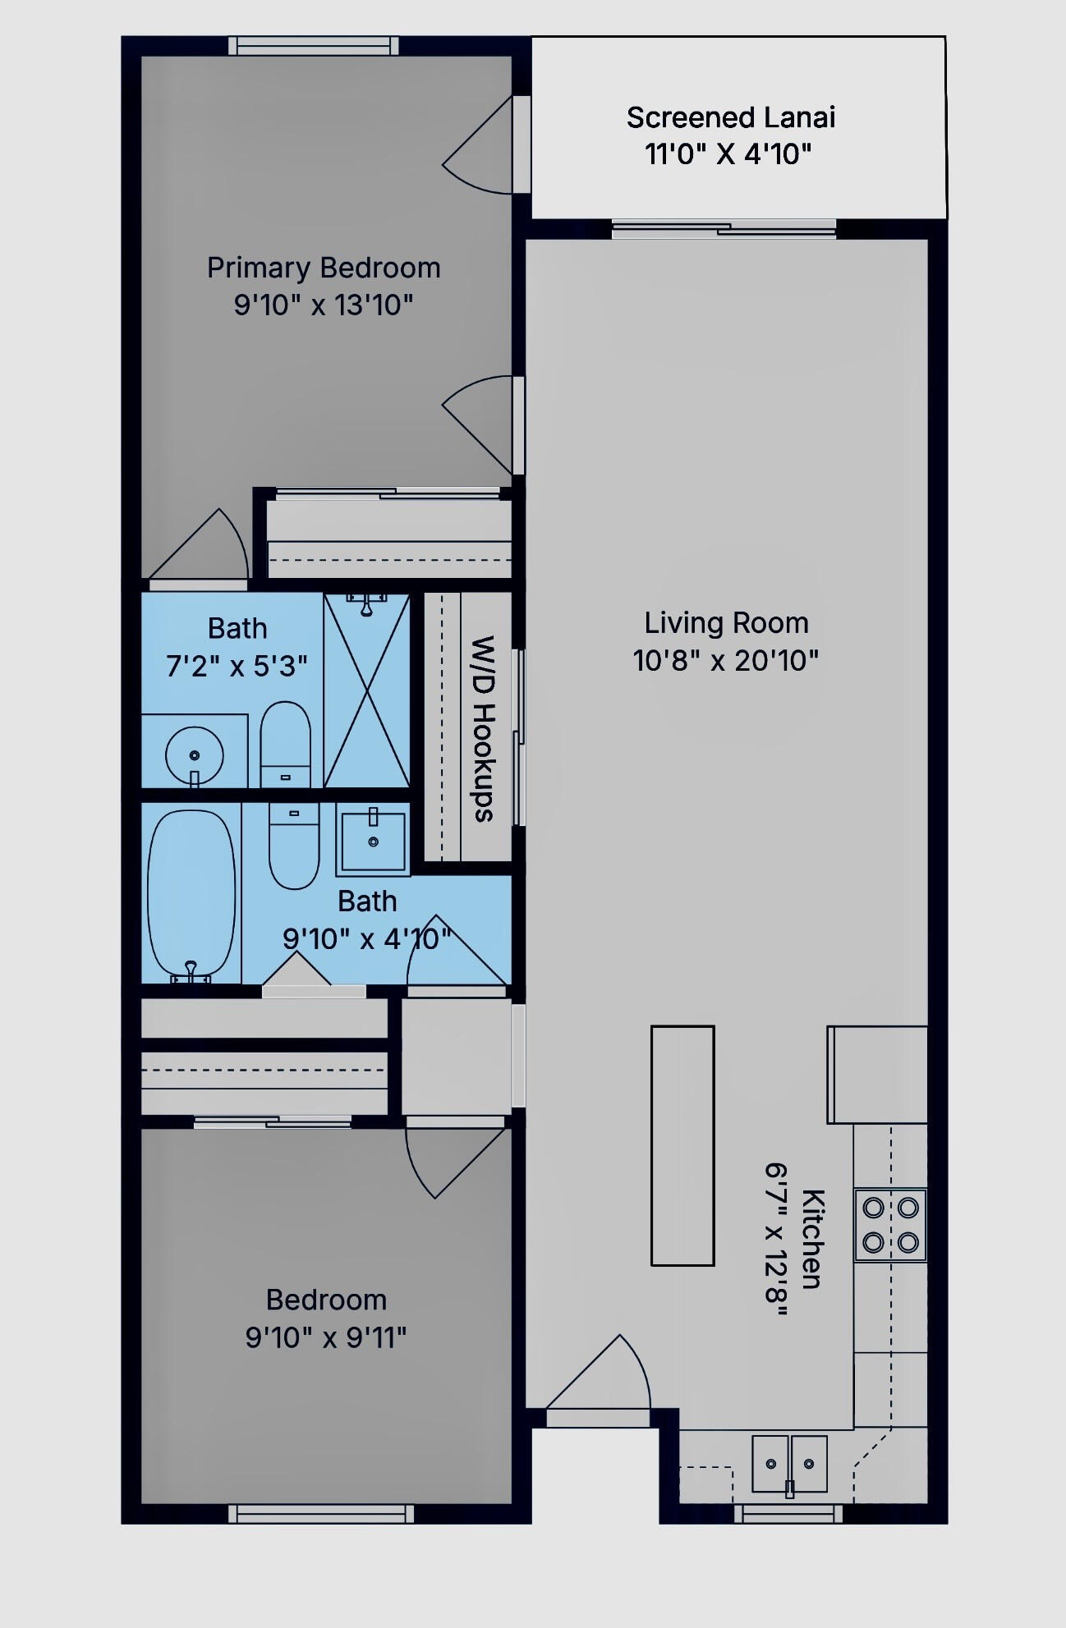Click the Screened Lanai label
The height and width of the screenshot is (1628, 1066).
coord(731,117)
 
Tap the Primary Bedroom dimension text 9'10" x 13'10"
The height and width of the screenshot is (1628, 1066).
coord(324,305)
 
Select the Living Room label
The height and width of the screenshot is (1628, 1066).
coord(726,623)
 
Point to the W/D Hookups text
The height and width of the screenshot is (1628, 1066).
coord(484,728)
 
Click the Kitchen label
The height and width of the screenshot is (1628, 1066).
coord(812,1239)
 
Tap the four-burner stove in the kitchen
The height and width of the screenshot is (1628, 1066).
coord(890,1224)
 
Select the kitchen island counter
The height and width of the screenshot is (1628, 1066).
coord(682,1145)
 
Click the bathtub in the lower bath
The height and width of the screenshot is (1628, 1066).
coord(191,894)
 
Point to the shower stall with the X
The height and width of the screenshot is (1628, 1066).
coord(366,690)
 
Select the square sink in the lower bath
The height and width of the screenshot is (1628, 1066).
coord(373,842)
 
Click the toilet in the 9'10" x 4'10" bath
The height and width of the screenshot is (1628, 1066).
coord(294,846)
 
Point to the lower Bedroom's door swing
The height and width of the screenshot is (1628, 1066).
coord(455,1161)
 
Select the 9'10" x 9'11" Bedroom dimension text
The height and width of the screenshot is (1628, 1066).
coord(326,1338)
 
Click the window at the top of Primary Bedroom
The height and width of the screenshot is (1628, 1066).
coord(314,46)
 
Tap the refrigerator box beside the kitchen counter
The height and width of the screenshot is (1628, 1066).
coord(877,1075)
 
